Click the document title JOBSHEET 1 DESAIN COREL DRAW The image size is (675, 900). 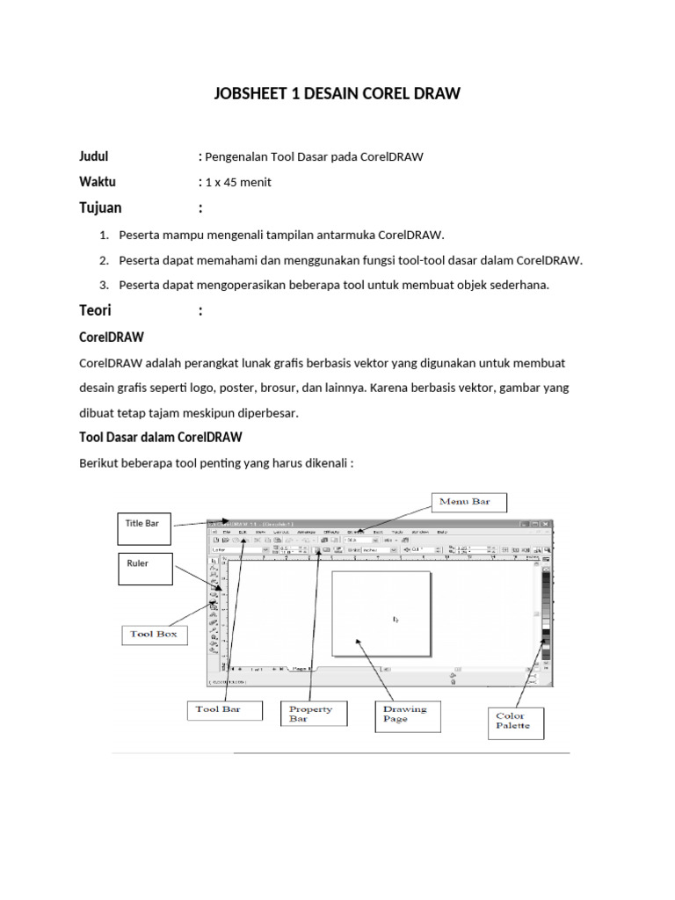point(337,93)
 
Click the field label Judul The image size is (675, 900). point(94,156)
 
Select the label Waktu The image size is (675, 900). point(98,182)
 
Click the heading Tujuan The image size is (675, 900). point(101,208)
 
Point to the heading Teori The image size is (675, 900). point(96,310)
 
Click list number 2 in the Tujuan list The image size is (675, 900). point(103,260)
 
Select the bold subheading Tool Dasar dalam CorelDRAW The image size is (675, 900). point(161,437)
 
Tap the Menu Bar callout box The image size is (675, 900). point(468,503)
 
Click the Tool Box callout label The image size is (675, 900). point(154,634)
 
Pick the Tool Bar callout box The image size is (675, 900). point(225,709)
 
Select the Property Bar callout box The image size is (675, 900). point(316,713)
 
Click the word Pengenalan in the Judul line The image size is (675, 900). point(235,157)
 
